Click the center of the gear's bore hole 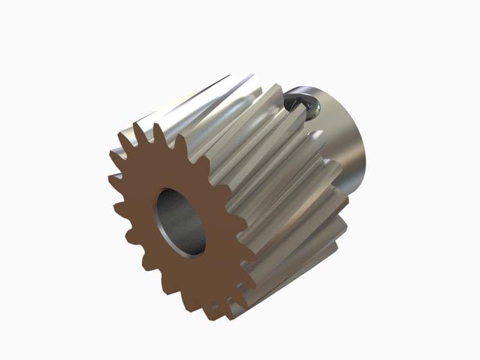pos(181,222)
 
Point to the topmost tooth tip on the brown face pos(157,126)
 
